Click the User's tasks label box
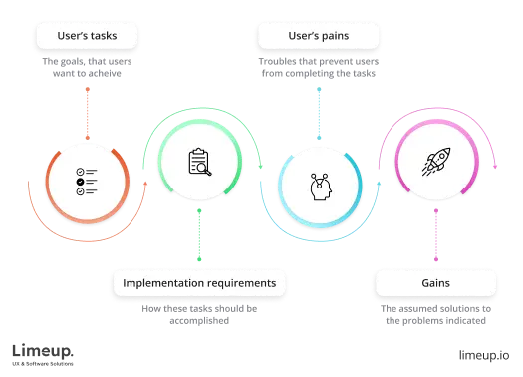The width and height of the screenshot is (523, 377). (x=85, y=37)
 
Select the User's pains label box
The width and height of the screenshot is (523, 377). (x=317, y=37)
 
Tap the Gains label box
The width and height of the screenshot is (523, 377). (x=434, y=283)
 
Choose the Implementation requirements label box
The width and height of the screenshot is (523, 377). (x=199, y=283)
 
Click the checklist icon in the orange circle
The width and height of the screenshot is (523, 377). (x=86, y=181)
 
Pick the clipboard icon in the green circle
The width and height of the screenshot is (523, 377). (x=200, y=162)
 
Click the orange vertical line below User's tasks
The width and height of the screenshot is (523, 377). (x=87, y=110)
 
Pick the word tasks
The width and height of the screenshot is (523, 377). (x=103, y=37)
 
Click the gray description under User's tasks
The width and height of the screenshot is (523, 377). (x=85, y=68)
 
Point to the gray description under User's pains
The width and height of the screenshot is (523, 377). (x=317, y=68)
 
